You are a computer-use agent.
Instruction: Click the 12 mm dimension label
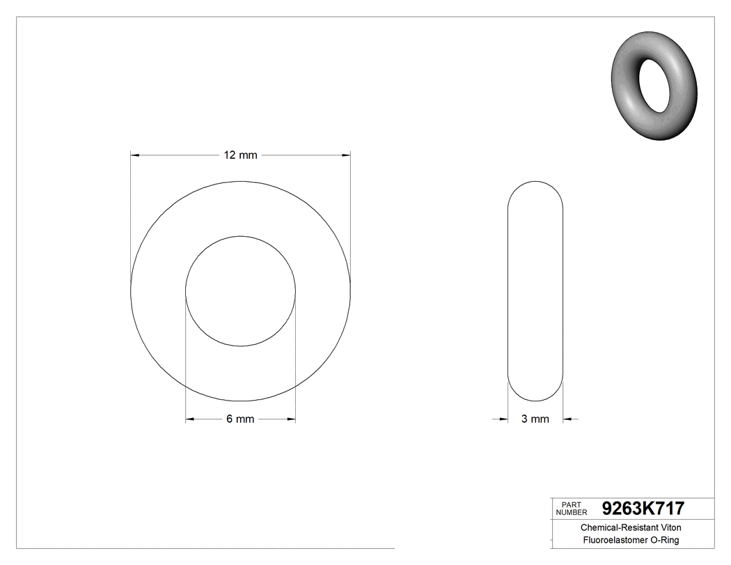[x=240, y=155]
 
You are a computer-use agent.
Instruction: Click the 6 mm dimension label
[x=240, y=419]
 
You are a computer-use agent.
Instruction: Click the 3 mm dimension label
[x=535, y=419]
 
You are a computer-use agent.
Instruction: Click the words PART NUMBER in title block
[x=573, y=509]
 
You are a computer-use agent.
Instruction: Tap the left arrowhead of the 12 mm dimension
[x=136, y=155]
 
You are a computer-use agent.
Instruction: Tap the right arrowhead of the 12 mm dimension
[x=346, y=155]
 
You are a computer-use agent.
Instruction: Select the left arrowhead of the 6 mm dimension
[x=190, y=419]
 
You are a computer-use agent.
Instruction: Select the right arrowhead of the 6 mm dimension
[x=291, y=419]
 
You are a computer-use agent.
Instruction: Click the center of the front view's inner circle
[x=241, y=291]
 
